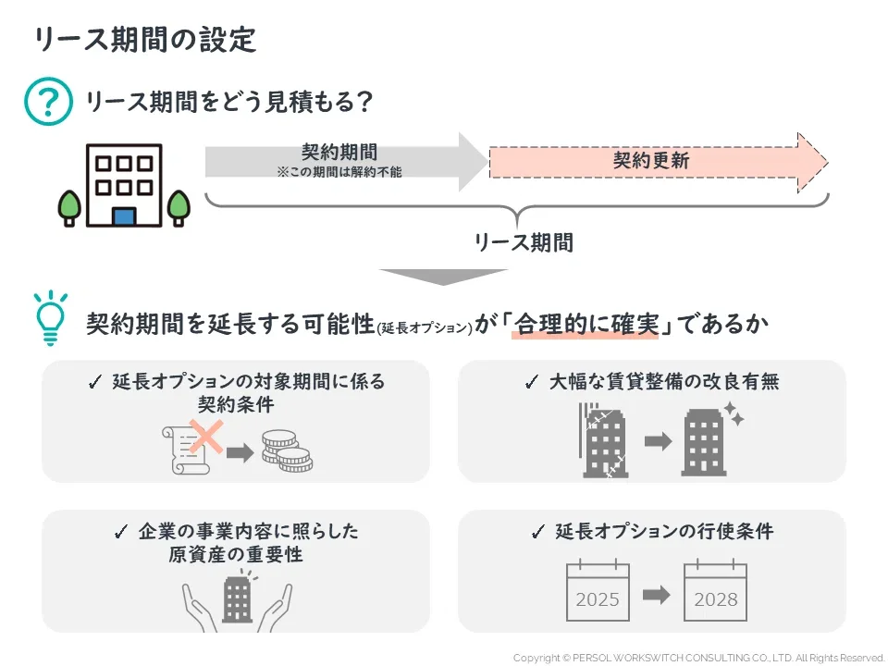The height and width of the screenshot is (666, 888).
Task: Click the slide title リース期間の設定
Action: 144,41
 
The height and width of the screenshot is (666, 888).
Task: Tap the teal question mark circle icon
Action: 47,101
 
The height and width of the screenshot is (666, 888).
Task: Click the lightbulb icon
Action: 51,318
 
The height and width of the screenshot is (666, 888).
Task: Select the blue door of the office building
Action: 123,216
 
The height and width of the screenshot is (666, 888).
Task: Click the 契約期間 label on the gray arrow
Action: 339,153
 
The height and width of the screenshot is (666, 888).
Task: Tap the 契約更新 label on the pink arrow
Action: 651,161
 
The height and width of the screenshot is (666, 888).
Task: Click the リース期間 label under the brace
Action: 524,242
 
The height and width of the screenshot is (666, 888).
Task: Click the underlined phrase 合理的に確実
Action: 586,326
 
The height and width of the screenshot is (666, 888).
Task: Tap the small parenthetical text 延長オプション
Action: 425,328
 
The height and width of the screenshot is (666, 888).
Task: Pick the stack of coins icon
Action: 284,451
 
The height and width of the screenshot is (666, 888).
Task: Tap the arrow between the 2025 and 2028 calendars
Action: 656,596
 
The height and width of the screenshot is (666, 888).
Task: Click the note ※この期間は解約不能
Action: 339,172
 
